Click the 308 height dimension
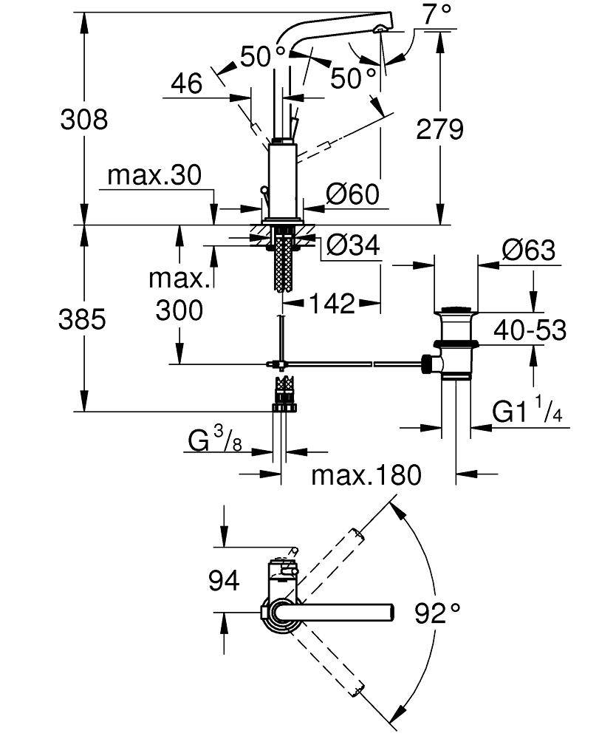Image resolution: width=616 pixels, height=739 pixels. coord(83,118)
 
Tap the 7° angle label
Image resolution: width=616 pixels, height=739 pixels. coord(437,13)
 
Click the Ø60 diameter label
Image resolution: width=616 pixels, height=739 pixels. coord(352,194)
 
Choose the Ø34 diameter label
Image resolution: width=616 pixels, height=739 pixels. coord(354,245)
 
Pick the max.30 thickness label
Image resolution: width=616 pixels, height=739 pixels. coord(154,175)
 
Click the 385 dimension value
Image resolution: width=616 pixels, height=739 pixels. coord(83,319)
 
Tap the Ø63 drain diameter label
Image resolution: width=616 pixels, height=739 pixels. coord(528,250)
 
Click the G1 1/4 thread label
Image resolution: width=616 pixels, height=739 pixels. coord(527,412)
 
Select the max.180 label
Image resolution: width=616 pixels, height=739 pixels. coord(366,474)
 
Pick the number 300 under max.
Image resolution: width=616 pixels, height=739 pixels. coord(179,310)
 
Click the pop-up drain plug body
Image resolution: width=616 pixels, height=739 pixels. coord(457,343)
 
